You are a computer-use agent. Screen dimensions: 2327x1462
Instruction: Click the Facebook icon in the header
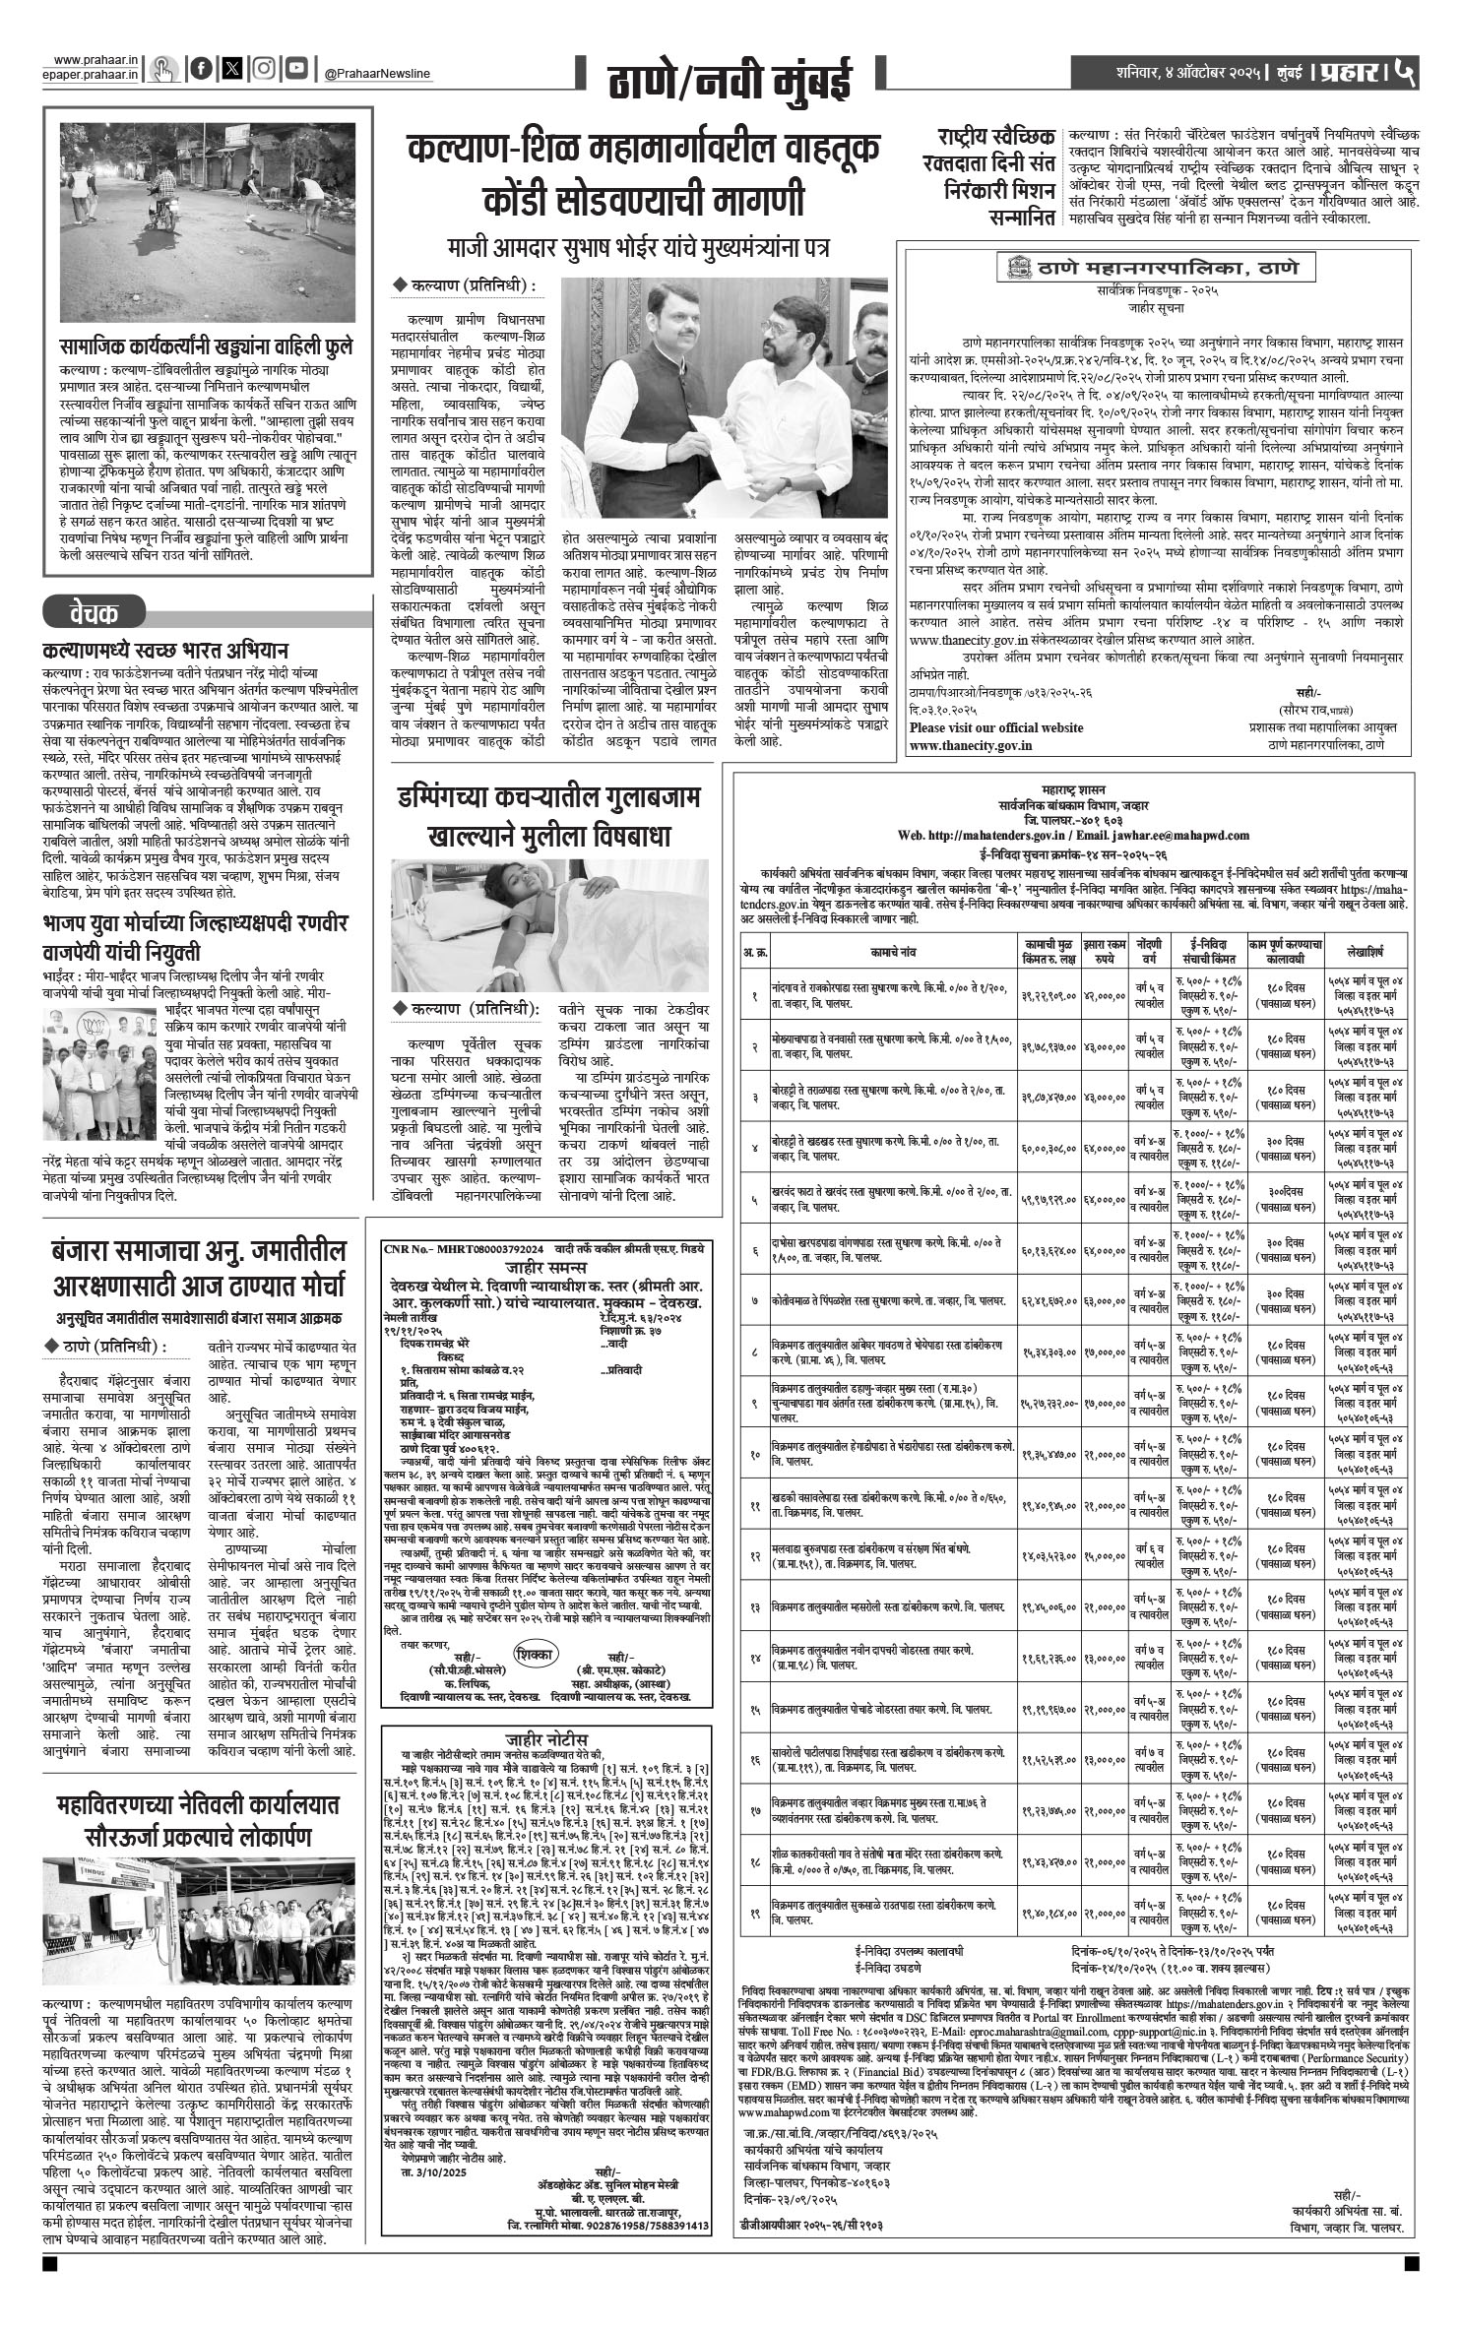[201, 69]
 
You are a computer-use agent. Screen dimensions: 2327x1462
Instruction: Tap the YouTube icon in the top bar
[295, 69]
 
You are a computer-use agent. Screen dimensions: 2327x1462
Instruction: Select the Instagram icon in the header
[263, 69]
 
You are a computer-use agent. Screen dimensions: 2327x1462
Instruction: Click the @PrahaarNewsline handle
[377, 74]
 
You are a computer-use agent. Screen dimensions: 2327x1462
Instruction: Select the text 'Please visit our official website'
[996, 727]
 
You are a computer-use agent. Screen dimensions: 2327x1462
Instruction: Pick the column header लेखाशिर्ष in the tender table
[1367, 953]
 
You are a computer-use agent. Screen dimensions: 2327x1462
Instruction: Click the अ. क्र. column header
[754, 953]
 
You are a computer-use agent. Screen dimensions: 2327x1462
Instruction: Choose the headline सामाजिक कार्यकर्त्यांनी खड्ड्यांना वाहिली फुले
[205, 346]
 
